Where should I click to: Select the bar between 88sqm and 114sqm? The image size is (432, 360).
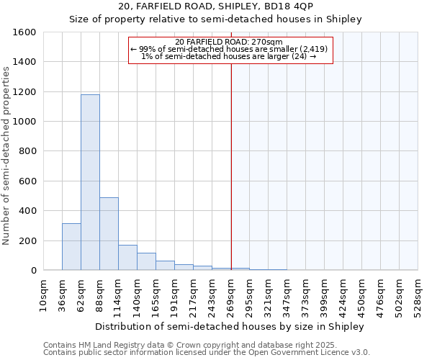pyautogui.click(x=109, y=233)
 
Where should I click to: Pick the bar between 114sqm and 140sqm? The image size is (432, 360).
pyautogui.click(x=127, y=257)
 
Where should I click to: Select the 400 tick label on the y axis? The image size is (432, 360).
pyautogui.click(x=27, y=211)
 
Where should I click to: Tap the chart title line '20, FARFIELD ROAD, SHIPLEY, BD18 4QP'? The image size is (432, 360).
pyautogui.click(x=215, y=6)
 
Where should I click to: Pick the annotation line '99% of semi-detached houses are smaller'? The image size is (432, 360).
pyautogui.click(x=229, y=49)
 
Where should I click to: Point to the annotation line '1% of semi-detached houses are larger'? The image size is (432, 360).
pyautogui.click(x=229, y=56)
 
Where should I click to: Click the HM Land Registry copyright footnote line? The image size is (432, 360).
pyautogui.click(x=196, y=345)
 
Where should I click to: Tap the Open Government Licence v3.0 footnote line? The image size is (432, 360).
pyautogui.click(x=206, y=353)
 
